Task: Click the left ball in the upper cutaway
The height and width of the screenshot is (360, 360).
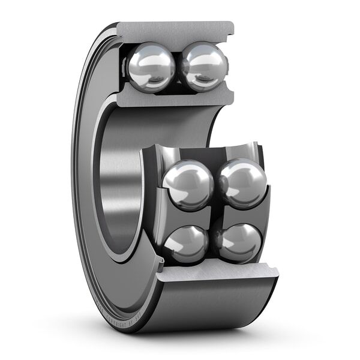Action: (152, 67)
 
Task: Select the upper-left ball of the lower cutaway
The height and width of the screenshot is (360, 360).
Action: (187, 184)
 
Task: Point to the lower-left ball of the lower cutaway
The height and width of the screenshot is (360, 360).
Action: (185, 244)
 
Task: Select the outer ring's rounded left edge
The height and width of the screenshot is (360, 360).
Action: (77, 180)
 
